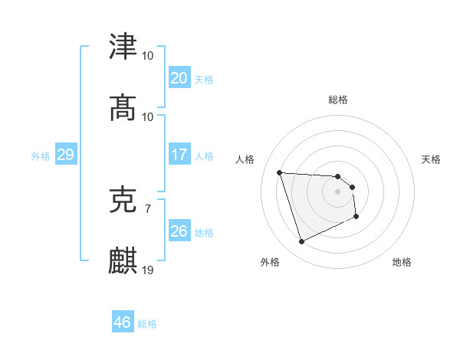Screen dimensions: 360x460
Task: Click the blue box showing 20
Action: click(x=179, y=77)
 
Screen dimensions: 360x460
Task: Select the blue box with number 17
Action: click(x=179, y=155)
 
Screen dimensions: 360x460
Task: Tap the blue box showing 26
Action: click(x=179, y=231)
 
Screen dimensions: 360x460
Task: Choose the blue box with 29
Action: click(x=65, y=155)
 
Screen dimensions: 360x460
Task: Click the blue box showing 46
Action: click(x=122, y=322)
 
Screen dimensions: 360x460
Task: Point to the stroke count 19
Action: click(x=148, y=270)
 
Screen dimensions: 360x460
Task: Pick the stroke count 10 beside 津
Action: click(x=148, y=56)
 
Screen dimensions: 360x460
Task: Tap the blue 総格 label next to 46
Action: click(x=147, y=324)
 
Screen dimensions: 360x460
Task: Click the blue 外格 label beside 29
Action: click(x=41, y=156)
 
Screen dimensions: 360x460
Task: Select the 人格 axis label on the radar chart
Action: click(x=246, y=159)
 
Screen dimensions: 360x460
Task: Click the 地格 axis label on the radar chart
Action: click(x=402, y=262)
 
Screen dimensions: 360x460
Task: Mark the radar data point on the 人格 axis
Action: click(x=280, y=172)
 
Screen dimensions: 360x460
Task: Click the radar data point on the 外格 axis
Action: click(x=301, y=242)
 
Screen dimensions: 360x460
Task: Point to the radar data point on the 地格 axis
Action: click(x=356, y=218)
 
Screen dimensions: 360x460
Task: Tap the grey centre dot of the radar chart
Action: click(x=337, y=191)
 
